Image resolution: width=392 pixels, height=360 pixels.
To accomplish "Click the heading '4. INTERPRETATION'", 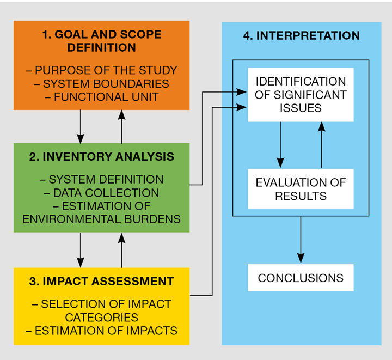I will point(301,36).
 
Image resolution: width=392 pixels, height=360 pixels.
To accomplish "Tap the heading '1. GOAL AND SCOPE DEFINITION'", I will point(102,41).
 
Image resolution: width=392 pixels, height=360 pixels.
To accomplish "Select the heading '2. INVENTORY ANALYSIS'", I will point(102,157).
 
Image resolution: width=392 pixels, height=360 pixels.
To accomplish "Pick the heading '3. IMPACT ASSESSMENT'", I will point(102,282).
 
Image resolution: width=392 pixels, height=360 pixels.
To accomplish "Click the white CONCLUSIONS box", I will point(301,278).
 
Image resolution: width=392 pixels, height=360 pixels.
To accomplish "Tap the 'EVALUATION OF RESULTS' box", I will point(301,189).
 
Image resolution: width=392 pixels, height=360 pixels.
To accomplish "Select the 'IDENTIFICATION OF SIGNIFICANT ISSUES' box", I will point(301,95).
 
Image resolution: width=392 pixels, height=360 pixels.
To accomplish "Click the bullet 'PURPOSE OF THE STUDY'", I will point(102,70).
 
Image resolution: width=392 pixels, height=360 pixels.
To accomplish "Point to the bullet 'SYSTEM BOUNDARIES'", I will point(102,84).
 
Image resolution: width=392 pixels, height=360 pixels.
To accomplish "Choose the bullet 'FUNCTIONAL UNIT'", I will point(102,97).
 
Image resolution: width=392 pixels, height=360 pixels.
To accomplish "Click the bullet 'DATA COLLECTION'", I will point(102,193).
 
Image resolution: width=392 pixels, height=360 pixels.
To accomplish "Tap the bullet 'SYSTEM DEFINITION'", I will point(102,179).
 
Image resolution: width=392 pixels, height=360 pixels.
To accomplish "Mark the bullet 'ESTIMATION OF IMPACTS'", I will point(102,330).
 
